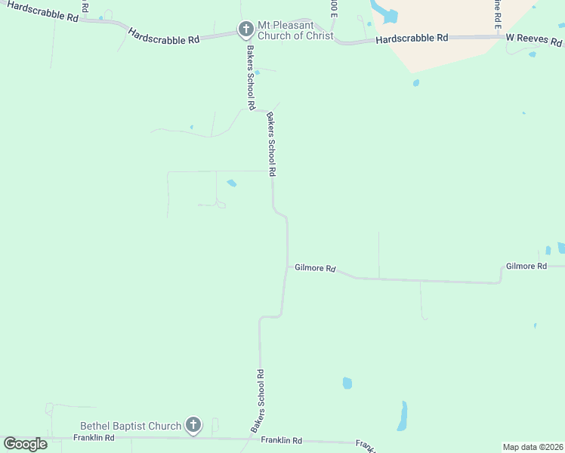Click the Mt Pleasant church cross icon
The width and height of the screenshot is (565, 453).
pyautogui.click(x=245, y=30)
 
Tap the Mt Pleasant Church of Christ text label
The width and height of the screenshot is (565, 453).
pyautogui.click(x=296, y=29)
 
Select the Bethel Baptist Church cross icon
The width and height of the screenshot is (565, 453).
pyautogui.click(x=193, y=425)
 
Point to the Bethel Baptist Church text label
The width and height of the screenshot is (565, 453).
pyautogui.click(x=131, y=426)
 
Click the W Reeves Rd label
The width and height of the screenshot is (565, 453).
pyautogui.click(x=535, y=37)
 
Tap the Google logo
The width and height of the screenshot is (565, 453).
pyautogui.click(x=25, y=444)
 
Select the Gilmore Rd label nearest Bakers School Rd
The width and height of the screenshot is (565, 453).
pyautogui.click(x=314, y=268)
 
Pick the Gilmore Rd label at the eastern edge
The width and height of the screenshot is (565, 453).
pyautogui.click(x=526, y=267)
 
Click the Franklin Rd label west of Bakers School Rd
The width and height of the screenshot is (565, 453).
pyautogui.click(x=94, y=438)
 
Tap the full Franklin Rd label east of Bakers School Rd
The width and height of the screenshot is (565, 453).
pyautogui.click(x=281, y=440)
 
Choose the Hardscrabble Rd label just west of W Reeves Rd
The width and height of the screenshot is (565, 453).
pyautogui.click(x=412, y=38)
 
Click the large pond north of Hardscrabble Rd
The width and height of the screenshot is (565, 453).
pyautogui.click(x=390, y=13)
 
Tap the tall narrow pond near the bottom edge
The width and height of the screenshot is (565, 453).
pyautogui.click(x=403, y=416)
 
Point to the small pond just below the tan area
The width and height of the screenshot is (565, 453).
pyautogui.click(x=415, y=83)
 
